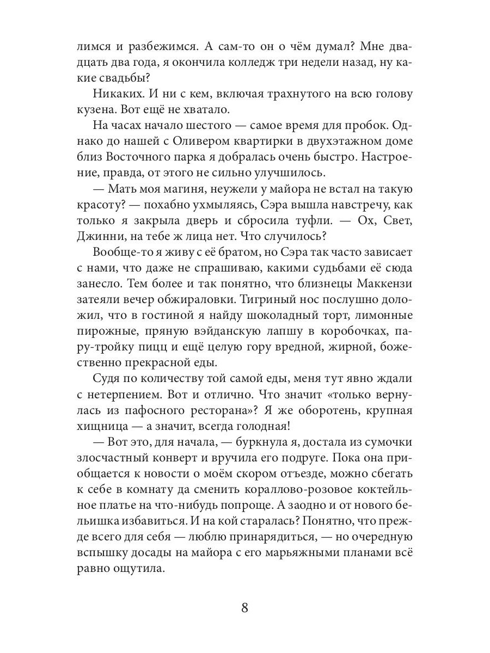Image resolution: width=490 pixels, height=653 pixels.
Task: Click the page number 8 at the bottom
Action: (x=244, y=608)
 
